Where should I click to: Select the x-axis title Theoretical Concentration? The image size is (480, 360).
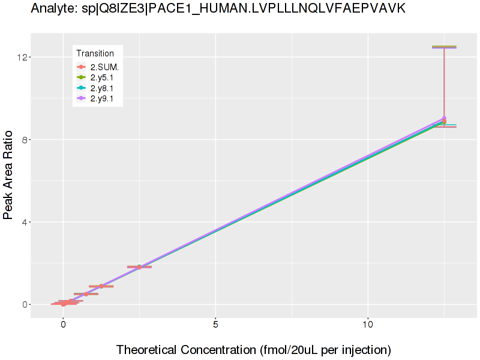(x=253, y=349)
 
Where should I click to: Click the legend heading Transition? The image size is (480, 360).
(x=95, y=53)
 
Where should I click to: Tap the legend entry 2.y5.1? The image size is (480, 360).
(x=102, y=77)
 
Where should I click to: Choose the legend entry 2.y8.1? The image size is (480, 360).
(x=102, y=88)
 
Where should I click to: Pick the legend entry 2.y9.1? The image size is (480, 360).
(x=102, y=99)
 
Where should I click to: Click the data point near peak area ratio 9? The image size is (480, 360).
(x=444, y=120)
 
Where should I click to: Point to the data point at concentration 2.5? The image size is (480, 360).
(x=139, y=267)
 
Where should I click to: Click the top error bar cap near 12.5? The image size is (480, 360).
(x=444, y=47)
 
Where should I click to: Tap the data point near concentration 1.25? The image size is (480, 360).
(x=101, y=286)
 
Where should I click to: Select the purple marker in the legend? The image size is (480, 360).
(x=82, y=99)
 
